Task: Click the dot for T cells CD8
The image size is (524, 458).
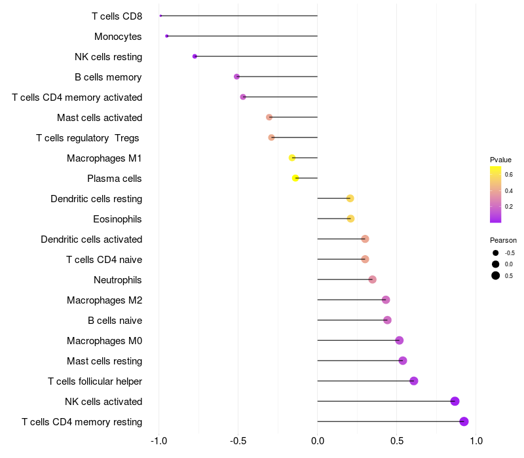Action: (x=160, y=16)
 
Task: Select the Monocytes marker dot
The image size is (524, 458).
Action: (x=167, y=36)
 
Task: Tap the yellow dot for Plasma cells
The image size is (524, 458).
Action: (x=295, y=178)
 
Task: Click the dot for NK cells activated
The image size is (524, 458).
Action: (x=455, y=401)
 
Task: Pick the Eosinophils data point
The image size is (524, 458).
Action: (x=350, y=219)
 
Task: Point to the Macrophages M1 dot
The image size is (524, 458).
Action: (x=292, y=158)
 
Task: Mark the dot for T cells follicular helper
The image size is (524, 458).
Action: (x=414, y=381)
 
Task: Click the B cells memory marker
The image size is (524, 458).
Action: (x=236, y=77)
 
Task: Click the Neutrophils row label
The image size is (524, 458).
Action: (x=118, y=280)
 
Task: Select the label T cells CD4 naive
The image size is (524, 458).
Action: (x=104, y=259)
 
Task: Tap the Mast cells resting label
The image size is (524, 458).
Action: (x=105, y=361)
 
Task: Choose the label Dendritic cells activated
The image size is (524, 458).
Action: (x=92, y=239)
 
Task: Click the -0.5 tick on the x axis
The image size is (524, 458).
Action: (x=238, y=441)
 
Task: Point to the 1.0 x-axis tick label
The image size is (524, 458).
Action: (x=476, y=441)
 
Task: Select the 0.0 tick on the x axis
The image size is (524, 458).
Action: (x=318, y=441)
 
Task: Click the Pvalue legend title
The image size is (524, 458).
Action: (x=500, y=160)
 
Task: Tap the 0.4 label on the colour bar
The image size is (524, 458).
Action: (x=509, y=190)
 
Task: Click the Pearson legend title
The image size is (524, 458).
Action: (x=503, y=240)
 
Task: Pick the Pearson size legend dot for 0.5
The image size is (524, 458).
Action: (x=496, y=275)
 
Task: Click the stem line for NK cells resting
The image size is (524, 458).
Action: (x=256, y=56)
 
